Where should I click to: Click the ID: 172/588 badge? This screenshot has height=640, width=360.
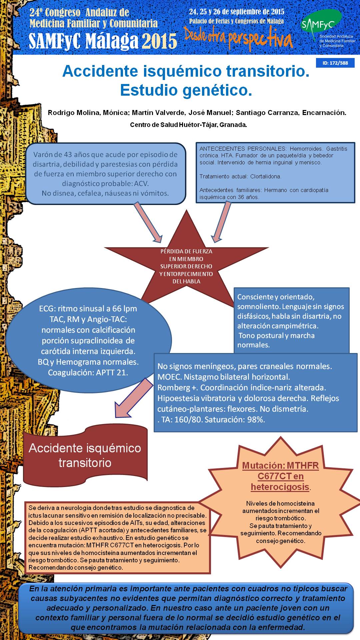pos(335,63)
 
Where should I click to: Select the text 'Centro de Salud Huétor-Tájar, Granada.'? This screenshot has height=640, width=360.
pos(188,125)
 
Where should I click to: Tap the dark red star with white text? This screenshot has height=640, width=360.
pos(187,263)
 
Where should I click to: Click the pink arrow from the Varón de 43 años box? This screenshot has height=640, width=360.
pos(148,222)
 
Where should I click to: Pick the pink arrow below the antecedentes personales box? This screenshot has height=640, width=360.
pos(221,222)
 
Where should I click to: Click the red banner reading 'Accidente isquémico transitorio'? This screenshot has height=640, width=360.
pos(85,455)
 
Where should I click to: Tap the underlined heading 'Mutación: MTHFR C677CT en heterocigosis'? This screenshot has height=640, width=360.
pos(280,476)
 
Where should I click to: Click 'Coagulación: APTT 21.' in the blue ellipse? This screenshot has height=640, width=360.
pos(88,373)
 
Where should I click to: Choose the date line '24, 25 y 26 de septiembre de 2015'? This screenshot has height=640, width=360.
pos(237,12)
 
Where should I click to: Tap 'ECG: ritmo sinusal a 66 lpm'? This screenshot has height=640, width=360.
pos(88,309)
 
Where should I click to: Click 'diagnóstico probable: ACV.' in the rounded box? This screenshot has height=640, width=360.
pos(105,184)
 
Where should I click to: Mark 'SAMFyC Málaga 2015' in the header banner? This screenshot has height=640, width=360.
pos(103,41)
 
